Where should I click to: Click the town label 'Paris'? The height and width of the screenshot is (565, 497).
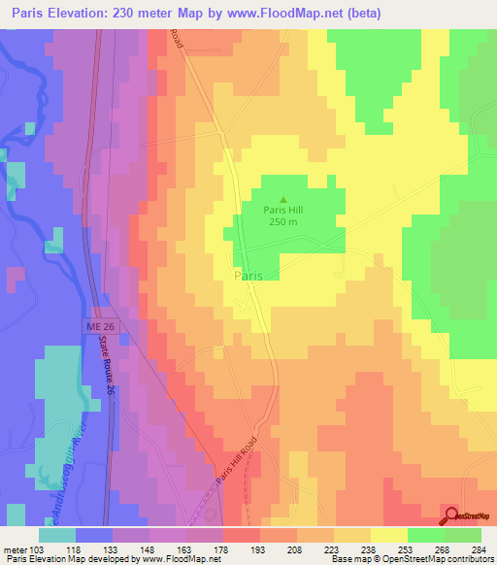[248, 276]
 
